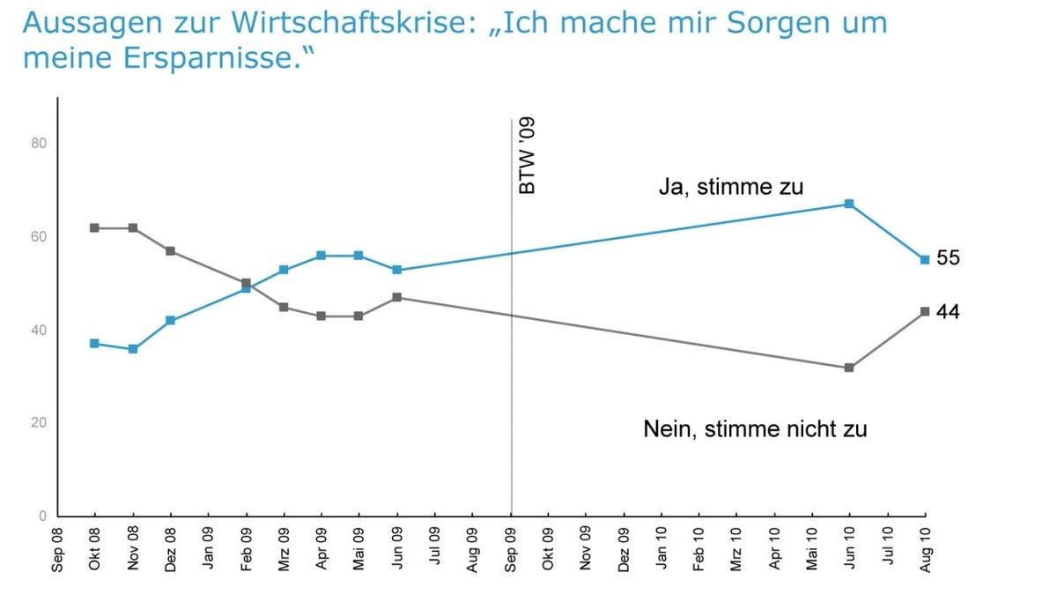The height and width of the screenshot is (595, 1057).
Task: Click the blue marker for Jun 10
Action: [849, 204]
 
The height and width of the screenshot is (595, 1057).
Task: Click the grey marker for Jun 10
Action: [849, 368]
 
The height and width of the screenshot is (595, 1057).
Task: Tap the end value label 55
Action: [948, 258]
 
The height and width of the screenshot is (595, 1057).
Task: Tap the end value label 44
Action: [948, 312]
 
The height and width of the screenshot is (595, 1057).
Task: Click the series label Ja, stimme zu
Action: [730, 187]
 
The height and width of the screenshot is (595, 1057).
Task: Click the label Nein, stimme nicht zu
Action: [755, 429]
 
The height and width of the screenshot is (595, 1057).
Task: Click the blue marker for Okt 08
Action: [94, 344]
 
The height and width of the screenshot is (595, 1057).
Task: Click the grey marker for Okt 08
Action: [94, 228]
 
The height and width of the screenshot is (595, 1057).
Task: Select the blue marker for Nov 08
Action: [133, 349]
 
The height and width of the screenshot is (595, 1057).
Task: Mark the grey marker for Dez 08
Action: [171, 251]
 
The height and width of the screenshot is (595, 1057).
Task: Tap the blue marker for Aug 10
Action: [925, 260]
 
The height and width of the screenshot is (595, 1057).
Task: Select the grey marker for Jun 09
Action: [397, 298]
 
